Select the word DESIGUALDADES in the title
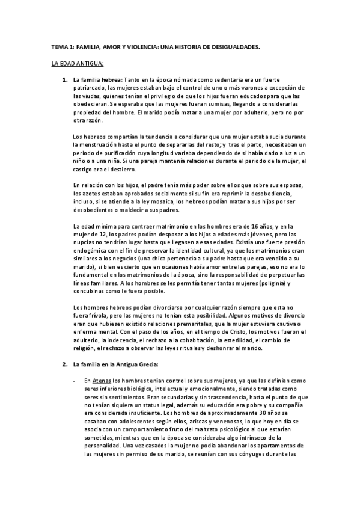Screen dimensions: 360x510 (x=233, y=46)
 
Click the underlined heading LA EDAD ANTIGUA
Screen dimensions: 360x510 (x=78, y=63)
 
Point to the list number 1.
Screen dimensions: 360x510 (x=65, y=80)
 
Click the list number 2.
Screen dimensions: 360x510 (x=65, y=364)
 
